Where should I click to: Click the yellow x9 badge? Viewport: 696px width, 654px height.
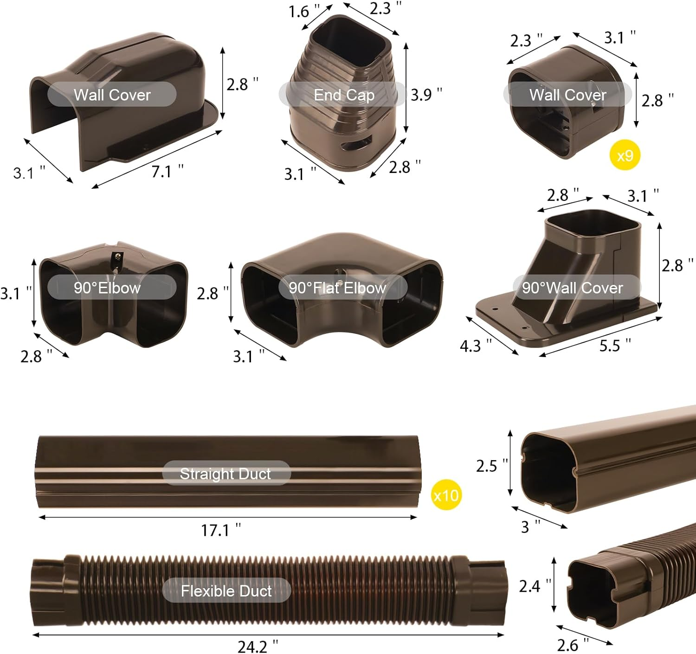(625, 155)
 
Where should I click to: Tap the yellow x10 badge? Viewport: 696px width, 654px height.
(446, 495)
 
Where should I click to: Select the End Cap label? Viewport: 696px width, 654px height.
(344, 95)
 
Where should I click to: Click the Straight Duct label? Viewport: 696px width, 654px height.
(226, 474)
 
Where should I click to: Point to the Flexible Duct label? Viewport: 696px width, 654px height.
(226, 590)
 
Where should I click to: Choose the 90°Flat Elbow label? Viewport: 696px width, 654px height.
(337, 288)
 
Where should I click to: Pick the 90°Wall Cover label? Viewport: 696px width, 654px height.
(572, 288)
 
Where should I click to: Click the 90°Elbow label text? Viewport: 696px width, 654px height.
(107, 288)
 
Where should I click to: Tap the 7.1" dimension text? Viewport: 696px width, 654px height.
(167, 171)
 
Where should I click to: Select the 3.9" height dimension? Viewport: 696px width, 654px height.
(426, 94)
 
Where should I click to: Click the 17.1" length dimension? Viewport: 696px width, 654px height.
(220, 530)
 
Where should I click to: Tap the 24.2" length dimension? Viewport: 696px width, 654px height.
(258, 646)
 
